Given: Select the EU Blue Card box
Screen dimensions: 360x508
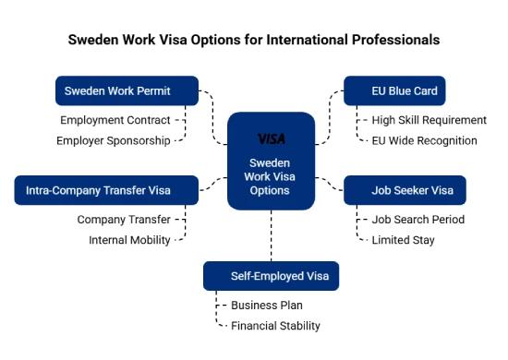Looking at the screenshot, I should [x=393, y=90].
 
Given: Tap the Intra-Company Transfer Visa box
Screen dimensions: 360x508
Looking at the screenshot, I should [x=106, y=190].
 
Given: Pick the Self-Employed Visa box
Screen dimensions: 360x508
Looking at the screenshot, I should [x=272, y=275].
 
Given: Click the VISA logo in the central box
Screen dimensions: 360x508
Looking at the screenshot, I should [x=271, y=138].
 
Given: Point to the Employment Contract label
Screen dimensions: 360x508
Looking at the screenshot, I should [x=115, y=120].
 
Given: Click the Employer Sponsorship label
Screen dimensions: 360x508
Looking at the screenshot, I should [x=114, y=140].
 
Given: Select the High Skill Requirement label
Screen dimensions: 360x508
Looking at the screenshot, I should [x=429, y=120].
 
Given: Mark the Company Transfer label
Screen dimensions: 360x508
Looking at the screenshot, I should [x=124, y=220].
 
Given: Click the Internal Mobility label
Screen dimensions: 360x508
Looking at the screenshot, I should [x=129, y=240].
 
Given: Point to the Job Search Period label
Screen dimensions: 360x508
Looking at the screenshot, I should [x=417, y=220].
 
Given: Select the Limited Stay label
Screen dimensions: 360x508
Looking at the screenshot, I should [x=403, y=240].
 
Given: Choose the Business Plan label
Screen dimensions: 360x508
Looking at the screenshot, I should [x=267, y=305].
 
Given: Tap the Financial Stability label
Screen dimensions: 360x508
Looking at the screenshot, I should [x=275, y=325].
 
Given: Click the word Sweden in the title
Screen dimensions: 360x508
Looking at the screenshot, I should [x=94, y=41].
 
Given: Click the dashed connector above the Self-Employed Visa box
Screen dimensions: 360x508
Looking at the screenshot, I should [x=272, y=236].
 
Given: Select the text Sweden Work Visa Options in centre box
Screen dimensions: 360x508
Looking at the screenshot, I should [x=271, y=176].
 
